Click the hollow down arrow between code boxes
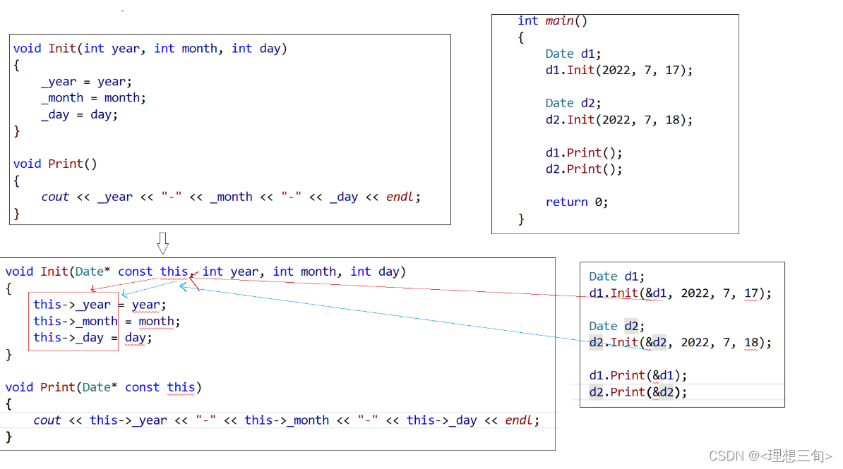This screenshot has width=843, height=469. point(162,243)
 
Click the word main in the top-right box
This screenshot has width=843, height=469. point(559,20)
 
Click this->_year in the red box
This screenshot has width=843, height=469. point(72,305)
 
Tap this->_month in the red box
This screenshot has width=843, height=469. point(76,321)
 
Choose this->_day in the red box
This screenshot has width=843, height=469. point(68,337)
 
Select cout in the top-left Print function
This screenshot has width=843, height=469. point(55,197)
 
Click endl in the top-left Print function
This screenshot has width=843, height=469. point(400,197)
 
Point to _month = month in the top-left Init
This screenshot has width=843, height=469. point(93,98)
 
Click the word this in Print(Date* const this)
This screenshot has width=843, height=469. point(181,387)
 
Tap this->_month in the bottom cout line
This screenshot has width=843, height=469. point(287,420)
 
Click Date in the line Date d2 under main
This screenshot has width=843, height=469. point(559,103)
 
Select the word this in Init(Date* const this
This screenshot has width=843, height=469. point(174,272)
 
